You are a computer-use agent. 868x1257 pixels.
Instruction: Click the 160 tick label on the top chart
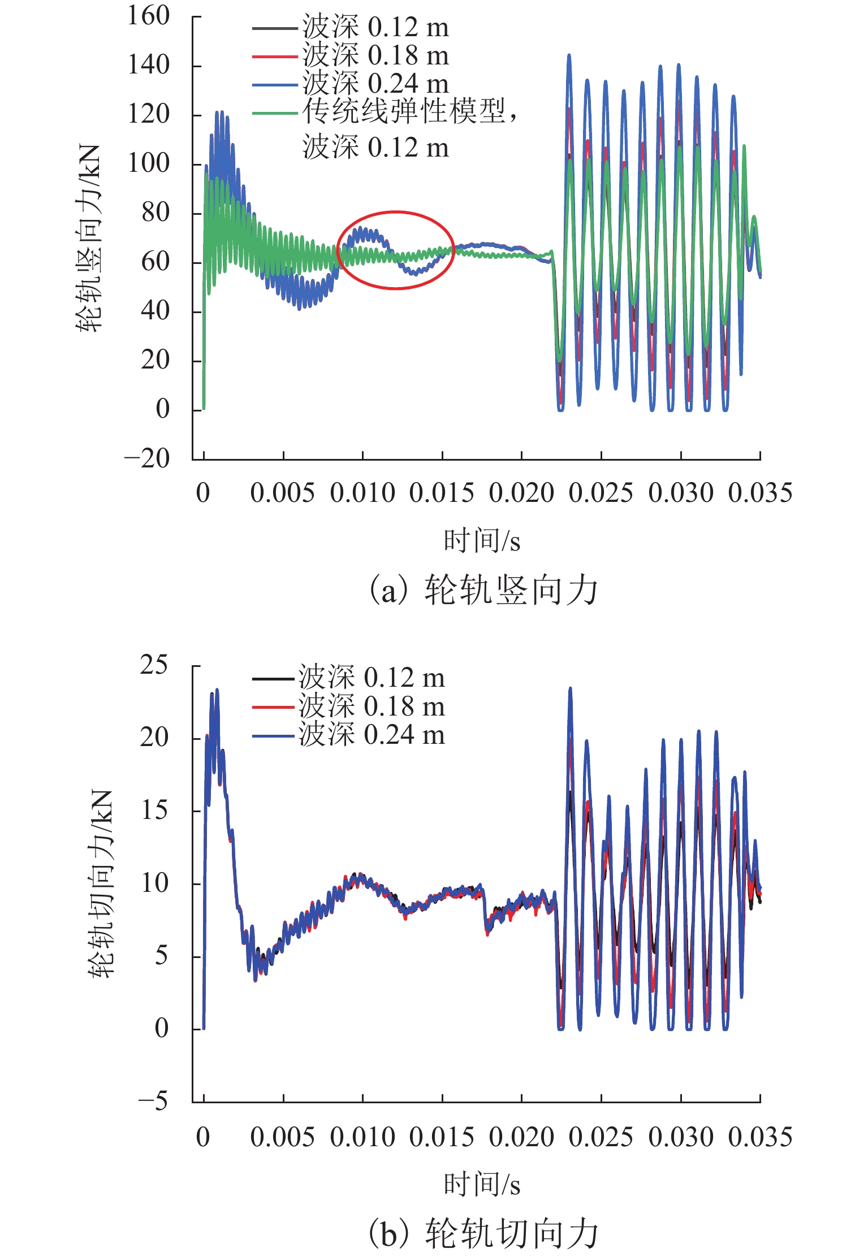(x=148, y=16)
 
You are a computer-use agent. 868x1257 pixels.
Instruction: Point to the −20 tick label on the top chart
(x=147, y=458)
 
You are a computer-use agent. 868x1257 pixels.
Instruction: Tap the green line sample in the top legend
(x=275, y=114)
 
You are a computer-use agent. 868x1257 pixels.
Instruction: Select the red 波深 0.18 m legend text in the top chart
(x=375, y=56)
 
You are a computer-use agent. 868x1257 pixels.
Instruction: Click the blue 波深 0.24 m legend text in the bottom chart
(x=372, y=735)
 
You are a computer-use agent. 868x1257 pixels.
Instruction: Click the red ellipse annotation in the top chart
(x=396, y=212)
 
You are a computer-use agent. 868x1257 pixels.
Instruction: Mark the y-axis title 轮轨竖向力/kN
(x=90, y=238)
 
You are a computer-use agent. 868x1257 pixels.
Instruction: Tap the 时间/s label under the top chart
(x=482, y=541)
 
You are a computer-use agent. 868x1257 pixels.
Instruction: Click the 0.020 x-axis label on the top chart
(x=521, y=493)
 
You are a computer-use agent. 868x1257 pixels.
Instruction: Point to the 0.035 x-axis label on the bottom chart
(x=760, y=1137)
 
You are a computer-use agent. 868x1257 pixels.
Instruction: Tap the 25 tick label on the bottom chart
(x=154, y=665)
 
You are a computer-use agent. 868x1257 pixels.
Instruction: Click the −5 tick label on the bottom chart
(x=153, y=1101)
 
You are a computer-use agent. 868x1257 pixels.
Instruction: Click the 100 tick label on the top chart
(x=148, y=163)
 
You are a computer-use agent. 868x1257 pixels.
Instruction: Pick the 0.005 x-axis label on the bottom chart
(x=282, y=1137)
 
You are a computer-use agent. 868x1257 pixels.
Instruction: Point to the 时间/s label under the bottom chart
(x=482, y=1185)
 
